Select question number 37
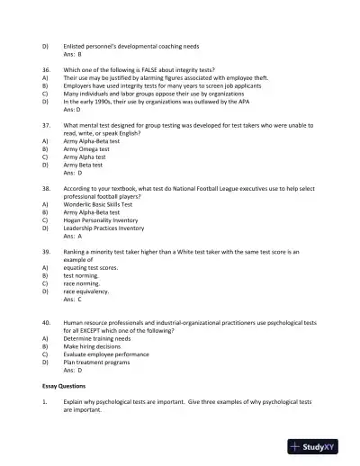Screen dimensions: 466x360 pos(46,127)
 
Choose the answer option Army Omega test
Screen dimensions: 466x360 pos(87,149)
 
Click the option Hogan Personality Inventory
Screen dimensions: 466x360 pos(101,220)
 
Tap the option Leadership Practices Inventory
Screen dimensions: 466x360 pos(103,228)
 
